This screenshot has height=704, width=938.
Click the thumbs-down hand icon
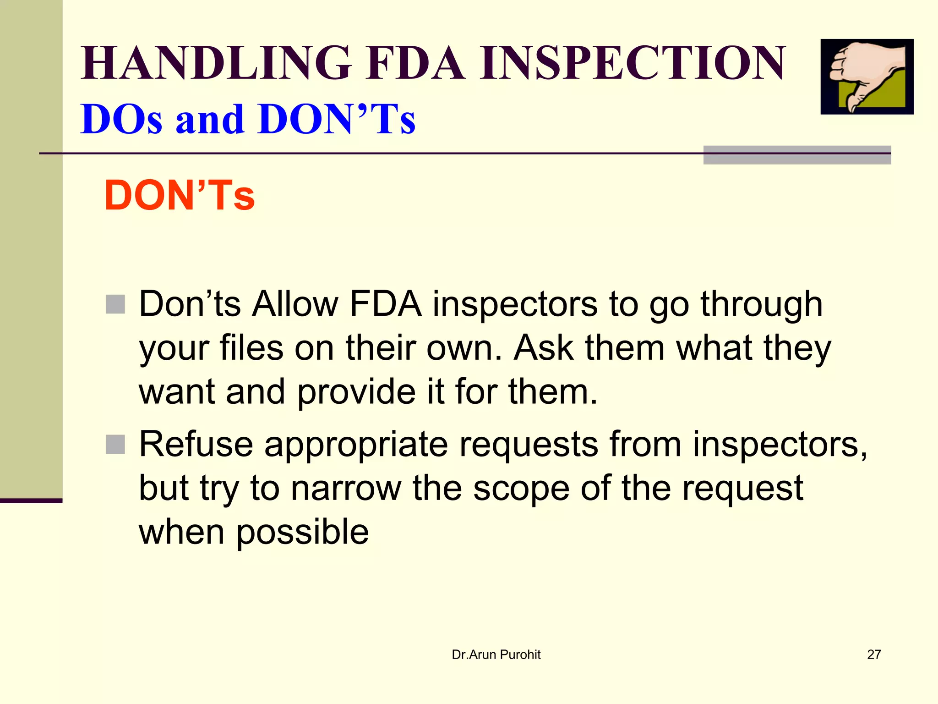[867, 77]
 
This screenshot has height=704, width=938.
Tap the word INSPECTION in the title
[633, 63]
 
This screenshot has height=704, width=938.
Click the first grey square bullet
[115, 304]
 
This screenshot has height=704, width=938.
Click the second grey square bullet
[115, 444]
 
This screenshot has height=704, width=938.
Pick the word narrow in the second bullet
[346, 488]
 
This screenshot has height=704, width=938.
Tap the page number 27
[874, 654]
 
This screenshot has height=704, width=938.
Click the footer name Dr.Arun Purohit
[496, 654]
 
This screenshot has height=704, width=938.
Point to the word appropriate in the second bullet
[356, 445]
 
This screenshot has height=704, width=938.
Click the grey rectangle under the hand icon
[797, 155]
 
